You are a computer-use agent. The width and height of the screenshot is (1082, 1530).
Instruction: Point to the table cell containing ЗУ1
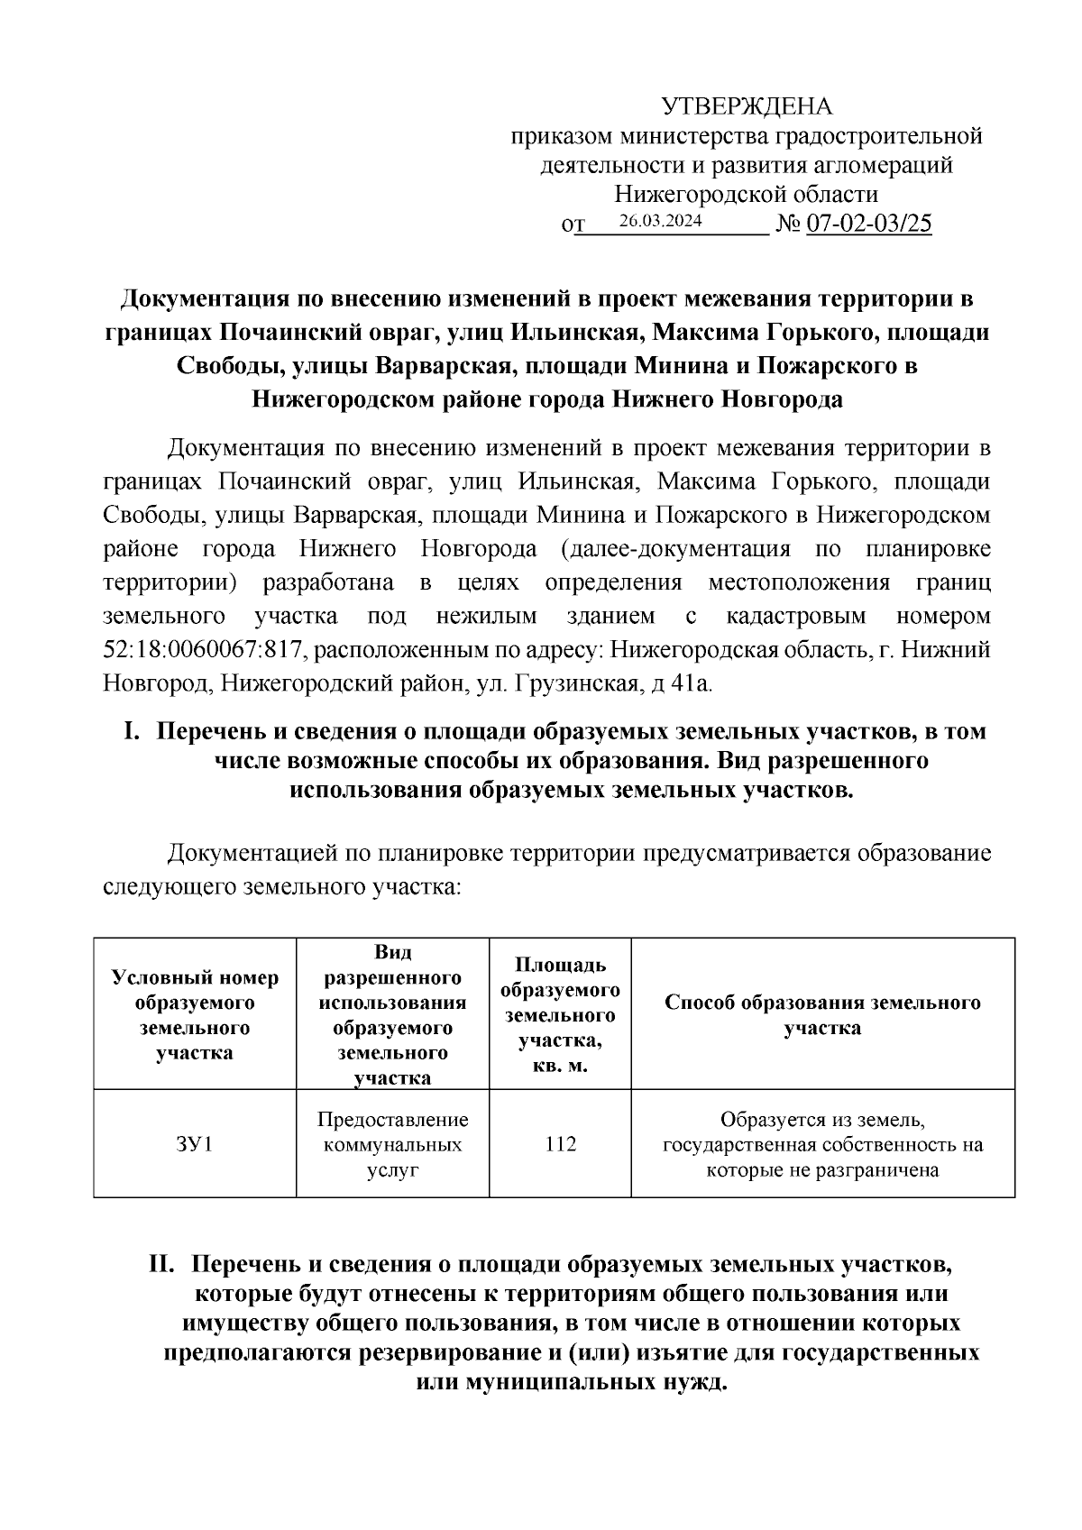click(x=194, y=1144)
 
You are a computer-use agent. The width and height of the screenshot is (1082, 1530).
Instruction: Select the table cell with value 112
click(x=560, y=1144)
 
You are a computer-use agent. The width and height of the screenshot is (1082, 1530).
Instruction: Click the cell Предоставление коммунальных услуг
click(x=392, y=1144)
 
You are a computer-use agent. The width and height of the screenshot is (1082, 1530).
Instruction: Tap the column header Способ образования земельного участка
click(x=822, y=1015)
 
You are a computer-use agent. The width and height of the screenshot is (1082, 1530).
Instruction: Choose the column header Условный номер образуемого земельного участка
click(x=194, y=1015)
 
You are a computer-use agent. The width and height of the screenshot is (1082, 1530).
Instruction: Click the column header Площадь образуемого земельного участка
click(x=560, y=1015)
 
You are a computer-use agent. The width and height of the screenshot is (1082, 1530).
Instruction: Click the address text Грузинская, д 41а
click(x=612, y=683)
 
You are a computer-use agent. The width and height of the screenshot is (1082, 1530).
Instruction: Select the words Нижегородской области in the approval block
click(x=747, y=194)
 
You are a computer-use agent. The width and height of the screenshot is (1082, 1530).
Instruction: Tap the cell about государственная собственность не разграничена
click(x=822, y=1145)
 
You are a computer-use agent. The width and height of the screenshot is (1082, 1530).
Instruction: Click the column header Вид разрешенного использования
click(x=392, y=1015)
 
